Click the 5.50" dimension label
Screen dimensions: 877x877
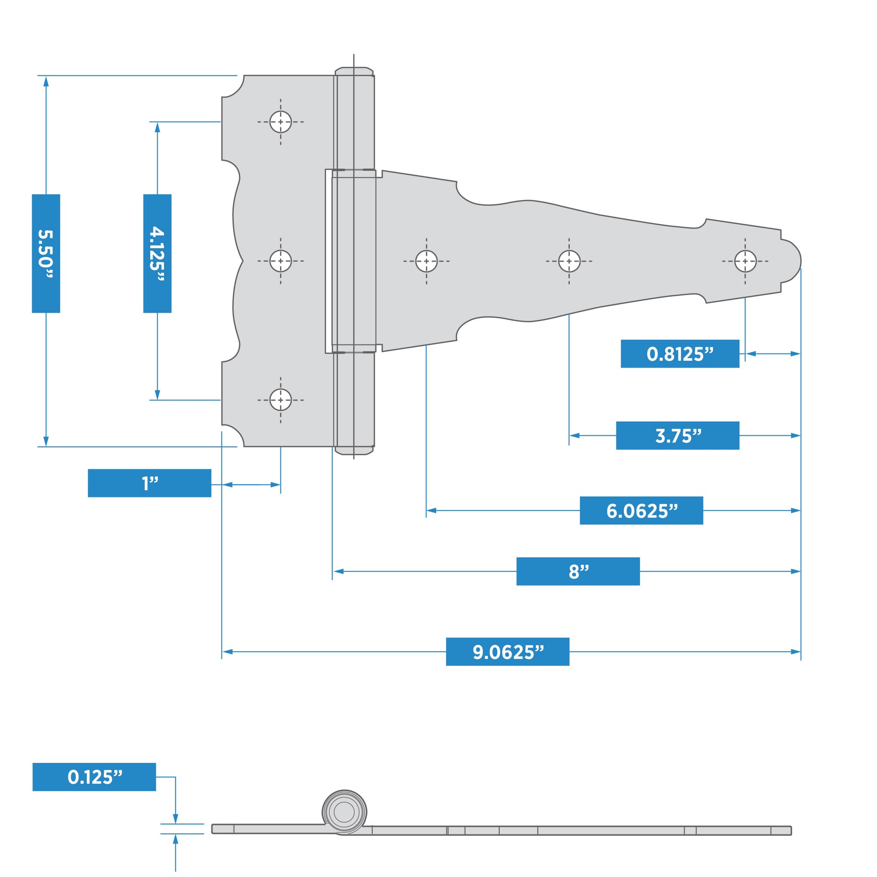click(46, 254)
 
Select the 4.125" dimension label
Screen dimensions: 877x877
click(157, 254)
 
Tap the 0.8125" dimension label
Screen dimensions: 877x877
click(680, 354)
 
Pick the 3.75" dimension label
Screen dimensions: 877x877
click(677, 435)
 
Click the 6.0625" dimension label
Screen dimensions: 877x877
click(641, 510)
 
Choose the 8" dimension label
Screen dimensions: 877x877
click(578, 571)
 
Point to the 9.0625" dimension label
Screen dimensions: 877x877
click(507, 651)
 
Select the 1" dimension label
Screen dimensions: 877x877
click(149, 483)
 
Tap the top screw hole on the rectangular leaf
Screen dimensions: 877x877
click(280, 122)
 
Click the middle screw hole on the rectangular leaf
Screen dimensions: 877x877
click(280, 261)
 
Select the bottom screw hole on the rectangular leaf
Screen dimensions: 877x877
click(280, 400)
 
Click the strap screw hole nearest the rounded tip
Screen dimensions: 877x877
click(745, 261)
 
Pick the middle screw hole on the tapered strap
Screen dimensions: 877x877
click(569, 261)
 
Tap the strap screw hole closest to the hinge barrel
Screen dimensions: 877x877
click(426, 261)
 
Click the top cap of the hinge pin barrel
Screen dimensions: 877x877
click(354, 71)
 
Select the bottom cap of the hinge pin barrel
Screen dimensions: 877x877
click(354, 451)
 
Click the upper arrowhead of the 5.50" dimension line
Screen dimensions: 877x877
click(46, 81)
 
